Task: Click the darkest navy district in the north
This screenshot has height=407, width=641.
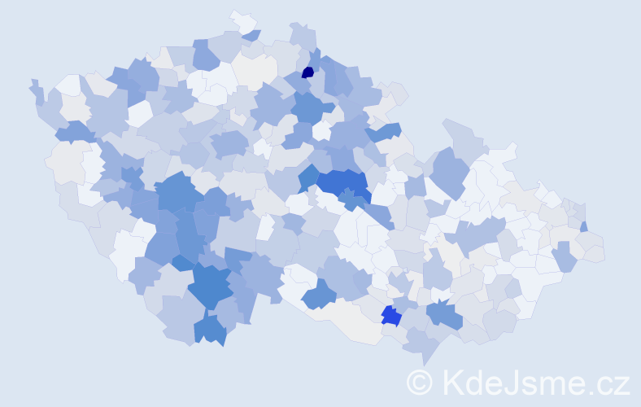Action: pyautogui.click(x=307, y=72)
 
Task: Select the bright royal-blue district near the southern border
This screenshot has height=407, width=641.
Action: pyautogui.click(x=390, y=315)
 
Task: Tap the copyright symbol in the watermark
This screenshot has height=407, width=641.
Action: pyautogui.click(x=419, y=382)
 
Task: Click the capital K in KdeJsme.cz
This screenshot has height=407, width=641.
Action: pyautogui.click(x=452, y=382)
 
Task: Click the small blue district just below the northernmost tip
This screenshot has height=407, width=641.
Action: pyautogui.click(x=251, y=35)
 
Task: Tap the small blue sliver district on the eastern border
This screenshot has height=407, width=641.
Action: pyautogui.click(x=584, y=226)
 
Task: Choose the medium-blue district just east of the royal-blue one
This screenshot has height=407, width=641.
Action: pyautogui.click(x=444, y=314)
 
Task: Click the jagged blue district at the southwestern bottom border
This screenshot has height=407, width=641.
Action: pyautogui.click(x=211, y=330)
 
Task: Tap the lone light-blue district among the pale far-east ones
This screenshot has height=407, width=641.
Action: pyautogui.click(x=564, y=257)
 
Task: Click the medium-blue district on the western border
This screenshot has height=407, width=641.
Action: pyautogui.click(x=74, y=130)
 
